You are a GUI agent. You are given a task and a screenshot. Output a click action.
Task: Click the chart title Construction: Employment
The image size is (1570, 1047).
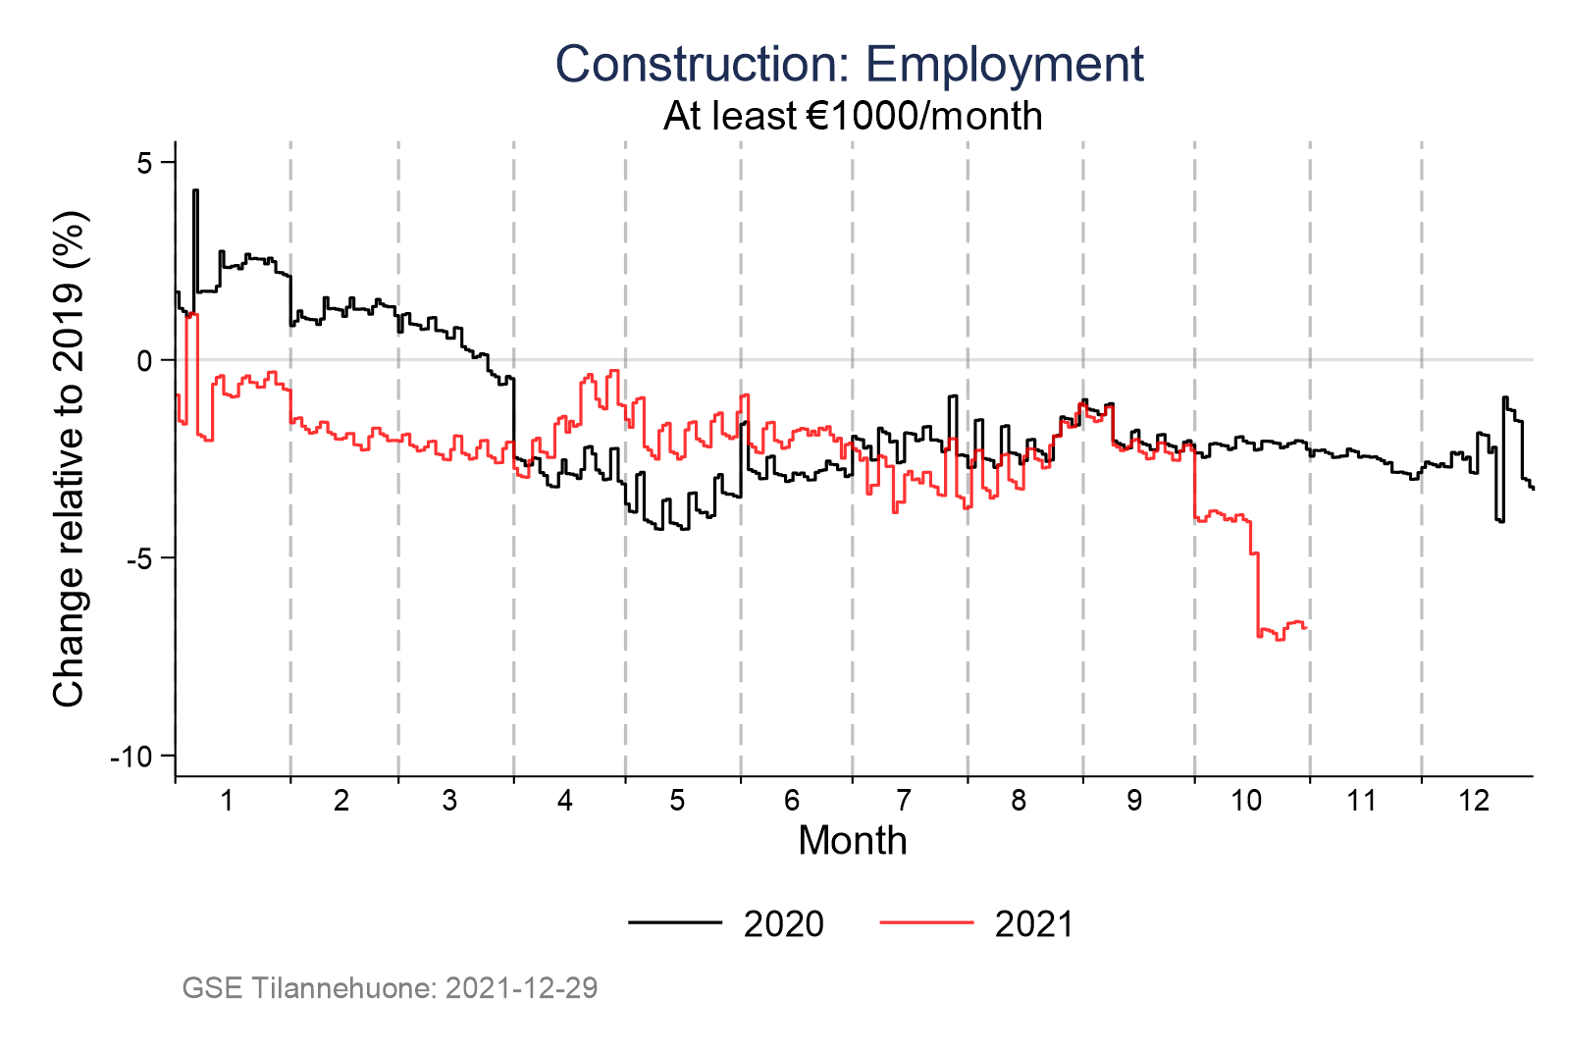[x=849, y=65]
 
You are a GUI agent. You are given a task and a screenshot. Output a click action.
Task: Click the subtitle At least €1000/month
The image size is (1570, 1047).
[x=852, y=116]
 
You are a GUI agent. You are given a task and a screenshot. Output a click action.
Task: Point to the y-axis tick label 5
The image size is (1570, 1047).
[x=144, y=162]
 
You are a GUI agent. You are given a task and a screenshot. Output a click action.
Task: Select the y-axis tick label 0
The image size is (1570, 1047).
[x=144, y=360]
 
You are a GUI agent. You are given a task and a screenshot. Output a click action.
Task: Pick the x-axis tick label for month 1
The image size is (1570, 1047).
[x=227, y=801]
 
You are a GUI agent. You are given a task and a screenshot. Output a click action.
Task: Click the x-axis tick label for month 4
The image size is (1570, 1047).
[x=564, y=801]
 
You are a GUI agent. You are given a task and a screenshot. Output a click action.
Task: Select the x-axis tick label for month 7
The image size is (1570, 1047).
[x=904, y=801]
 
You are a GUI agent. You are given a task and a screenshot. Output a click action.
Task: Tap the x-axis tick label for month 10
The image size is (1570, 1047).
[x=1246, y=801]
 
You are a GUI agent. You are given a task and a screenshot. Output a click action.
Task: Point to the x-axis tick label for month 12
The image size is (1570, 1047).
[x=1474, y=801]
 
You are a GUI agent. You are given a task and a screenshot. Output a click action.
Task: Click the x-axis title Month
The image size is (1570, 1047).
[x=852, y=841]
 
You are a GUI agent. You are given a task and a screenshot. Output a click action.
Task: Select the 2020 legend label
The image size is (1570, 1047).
[x=783, y=924]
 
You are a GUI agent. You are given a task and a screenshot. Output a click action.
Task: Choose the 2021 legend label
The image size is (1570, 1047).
[x=1034, y=924]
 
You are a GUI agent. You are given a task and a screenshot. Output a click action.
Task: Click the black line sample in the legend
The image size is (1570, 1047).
[x=675, y=922]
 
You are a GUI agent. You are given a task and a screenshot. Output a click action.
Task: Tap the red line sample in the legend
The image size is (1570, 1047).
[x=926, y=922]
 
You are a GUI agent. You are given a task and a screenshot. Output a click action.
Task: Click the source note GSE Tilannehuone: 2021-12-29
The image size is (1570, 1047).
[x=390, y=987]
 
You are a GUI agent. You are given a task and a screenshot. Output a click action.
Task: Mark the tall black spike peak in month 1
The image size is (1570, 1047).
[x=195, y=191]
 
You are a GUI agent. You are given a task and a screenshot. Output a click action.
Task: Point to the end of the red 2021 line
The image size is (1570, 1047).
[x=1306, y=628]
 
